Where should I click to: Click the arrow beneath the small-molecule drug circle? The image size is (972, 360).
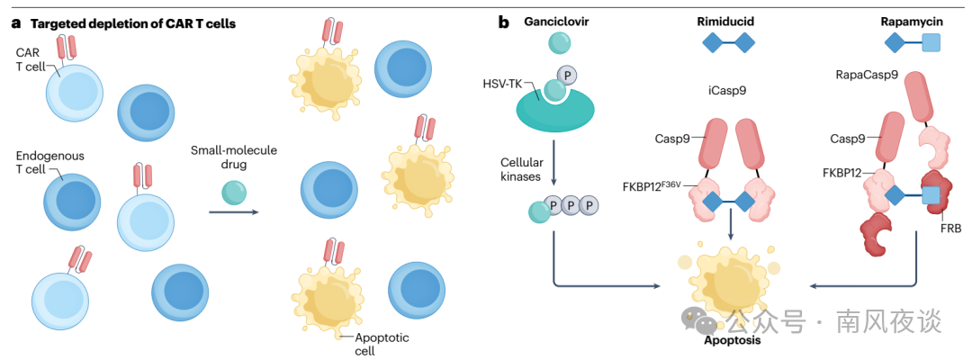coord(234,212)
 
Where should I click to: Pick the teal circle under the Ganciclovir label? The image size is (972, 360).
coord(560,43)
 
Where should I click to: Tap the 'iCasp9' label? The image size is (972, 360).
coord(727,90)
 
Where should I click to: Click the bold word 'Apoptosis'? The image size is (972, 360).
coord(733,341)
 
